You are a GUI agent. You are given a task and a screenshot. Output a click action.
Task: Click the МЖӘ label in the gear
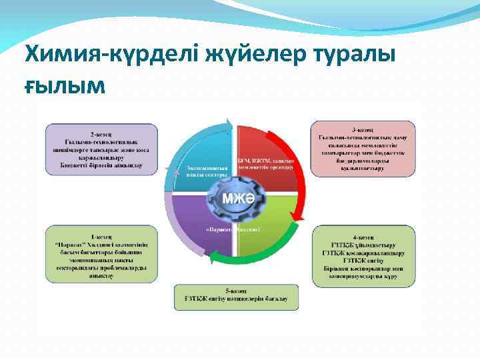(233, 198)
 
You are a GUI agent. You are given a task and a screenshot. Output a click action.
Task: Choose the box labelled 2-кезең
(101, 148)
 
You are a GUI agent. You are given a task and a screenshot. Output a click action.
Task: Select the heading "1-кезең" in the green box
(101, 235)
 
